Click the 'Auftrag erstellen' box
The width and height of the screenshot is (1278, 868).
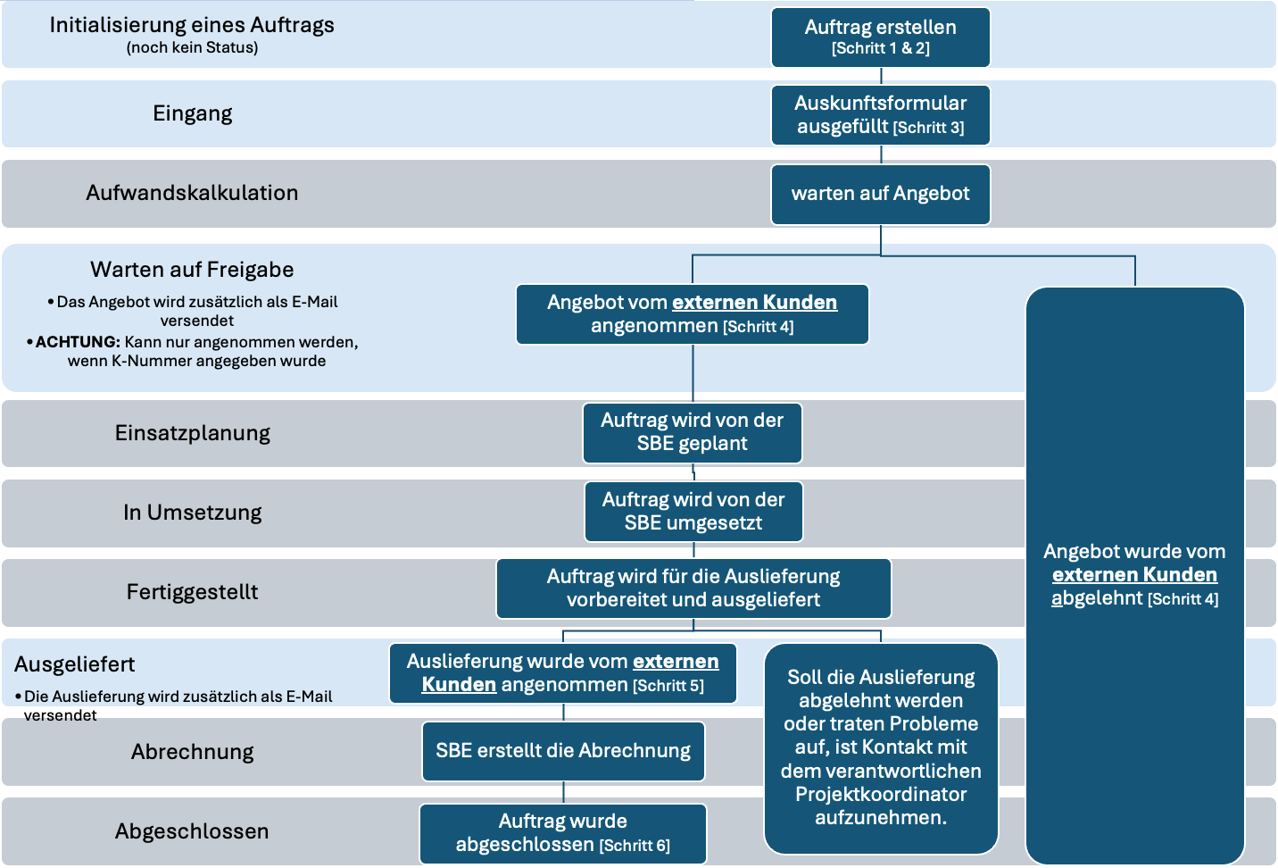point(880,38)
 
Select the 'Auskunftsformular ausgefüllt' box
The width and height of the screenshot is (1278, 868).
point(880,115)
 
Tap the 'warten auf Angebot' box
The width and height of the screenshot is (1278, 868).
point(880,194)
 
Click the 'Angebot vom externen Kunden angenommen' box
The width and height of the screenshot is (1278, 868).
point(692,314)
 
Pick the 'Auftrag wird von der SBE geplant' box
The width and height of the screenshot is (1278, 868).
point(692,432)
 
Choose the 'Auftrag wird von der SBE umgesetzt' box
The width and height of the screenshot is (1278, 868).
point(693,512)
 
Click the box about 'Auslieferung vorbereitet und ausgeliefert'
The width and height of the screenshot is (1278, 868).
point(693,588)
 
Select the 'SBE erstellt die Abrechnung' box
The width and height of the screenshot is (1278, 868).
point(563,751)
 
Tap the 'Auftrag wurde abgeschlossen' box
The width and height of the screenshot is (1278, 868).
point(563,833)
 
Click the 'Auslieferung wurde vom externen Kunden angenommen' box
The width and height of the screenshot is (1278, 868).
point(563,673)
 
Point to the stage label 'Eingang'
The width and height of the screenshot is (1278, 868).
point(193,113)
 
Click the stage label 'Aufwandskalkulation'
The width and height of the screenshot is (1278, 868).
point(193,193)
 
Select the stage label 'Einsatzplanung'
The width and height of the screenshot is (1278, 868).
point(193,433)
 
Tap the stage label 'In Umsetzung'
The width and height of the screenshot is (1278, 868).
point(193,513)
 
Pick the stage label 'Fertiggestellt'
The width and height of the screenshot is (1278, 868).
point(193,592)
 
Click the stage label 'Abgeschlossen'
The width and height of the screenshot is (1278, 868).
point(193,831)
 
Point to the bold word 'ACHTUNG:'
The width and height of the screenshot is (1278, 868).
point(78,342)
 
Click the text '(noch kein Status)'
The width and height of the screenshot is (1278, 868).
point(193,48)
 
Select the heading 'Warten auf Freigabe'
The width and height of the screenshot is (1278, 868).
point(193,270)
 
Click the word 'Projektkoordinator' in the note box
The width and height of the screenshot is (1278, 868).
point(881,794)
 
